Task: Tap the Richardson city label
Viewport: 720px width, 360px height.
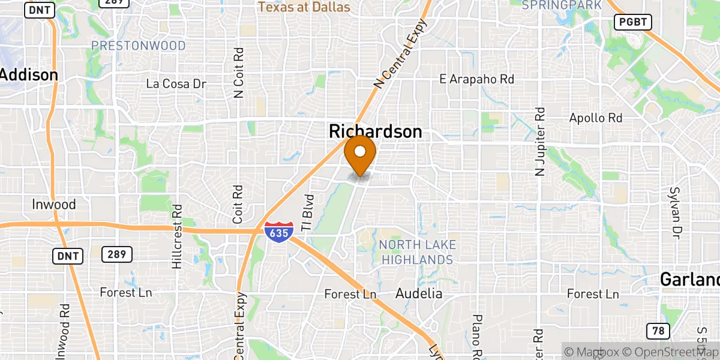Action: pos(375,132)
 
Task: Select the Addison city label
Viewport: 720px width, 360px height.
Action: pos(29,75)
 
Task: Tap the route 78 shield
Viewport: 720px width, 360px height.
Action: pos(658,330)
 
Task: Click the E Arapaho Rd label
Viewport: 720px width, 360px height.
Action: pos(476,79)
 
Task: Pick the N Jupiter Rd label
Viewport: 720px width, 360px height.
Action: pos(539,142)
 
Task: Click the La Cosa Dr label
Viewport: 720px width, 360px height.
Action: pos(176,84)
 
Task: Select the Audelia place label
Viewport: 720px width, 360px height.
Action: pos(419,293)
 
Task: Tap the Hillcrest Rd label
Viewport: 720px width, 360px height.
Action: pos(176,237)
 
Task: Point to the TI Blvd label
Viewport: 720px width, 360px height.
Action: pos(307,212)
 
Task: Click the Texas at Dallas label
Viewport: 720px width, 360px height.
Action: pos(304,7)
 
